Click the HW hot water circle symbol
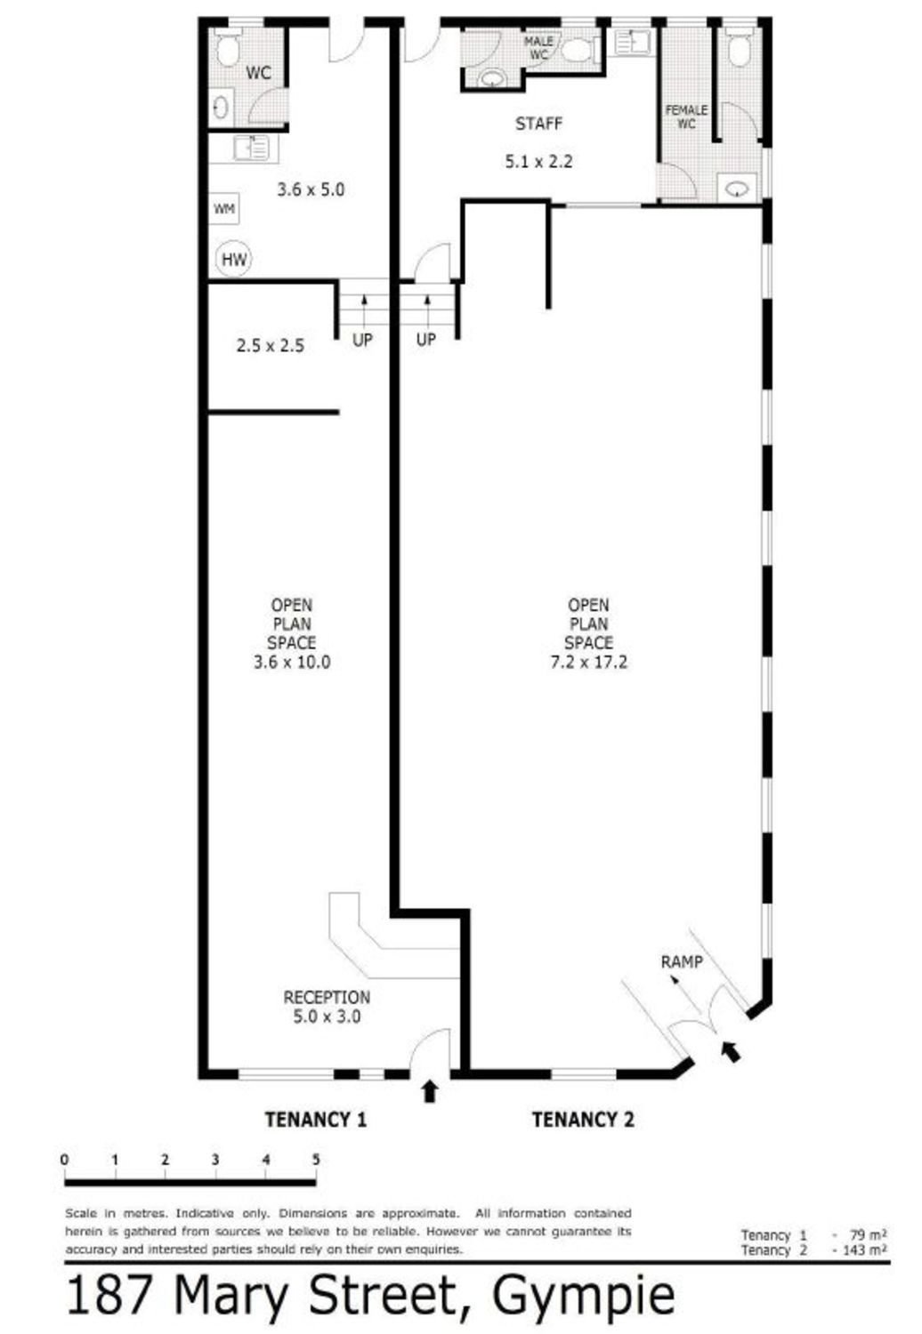coord(234,259)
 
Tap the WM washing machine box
coord(224,209)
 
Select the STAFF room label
coord(538,125)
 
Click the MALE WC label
coord(538,48)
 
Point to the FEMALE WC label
coord(686,117)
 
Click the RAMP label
coord(681,961)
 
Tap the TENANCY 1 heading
coord(315,1120)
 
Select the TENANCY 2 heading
coord(583,1120)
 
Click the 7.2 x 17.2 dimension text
coord(588,663)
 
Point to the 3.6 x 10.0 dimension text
coord(292,663)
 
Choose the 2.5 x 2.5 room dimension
coord(270,345)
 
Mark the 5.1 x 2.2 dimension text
coord(538,161)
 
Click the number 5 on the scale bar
coord(316,1160)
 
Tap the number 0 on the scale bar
coord(64,1160)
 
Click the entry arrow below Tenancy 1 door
coord(430,1091)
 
